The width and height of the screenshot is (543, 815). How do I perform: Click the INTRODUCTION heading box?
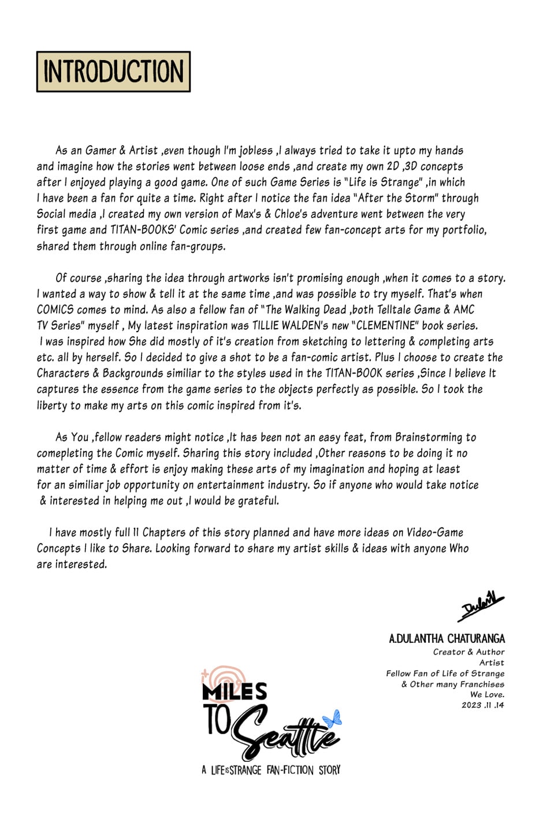tap(113, 72)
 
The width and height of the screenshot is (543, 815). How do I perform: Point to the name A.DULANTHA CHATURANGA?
tap(447, 639)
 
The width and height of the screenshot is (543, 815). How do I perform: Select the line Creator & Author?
tap(468, 652)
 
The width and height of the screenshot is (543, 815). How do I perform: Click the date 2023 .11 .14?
tap(482, 705)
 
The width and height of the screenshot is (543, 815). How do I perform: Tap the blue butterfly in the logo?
tap(332, 719)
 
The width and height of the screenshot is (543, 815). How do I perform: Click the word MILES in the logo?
tap(235, 691)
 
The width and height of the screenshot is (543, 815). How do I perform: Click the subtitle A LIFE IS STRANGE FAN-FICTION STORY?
tap(271, 770)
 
